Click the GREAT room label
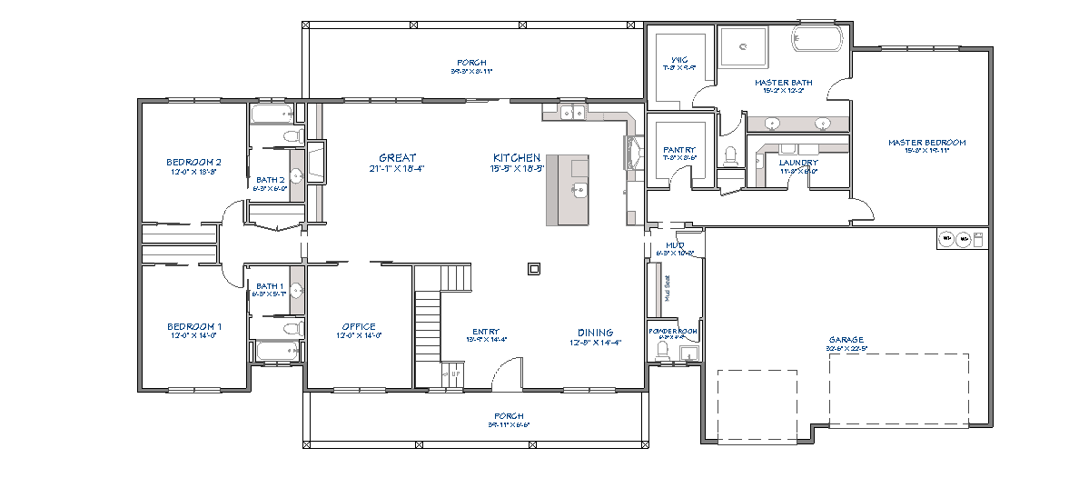pyautogui.click(x=398, y=158)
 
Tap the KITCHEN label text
pyautogui.click(x=517, y=158)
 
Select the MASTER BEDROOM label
pyautogui.click(x=926, y=143)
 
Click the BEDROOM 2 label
pyautogui.click(x=193, y=163)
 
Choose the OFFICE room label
pyautogui.click(x=359, y=327)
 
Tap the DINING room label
pyautogui.click(x=595, y=333)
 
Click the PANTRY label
pyautogui.click(x=678, y=150)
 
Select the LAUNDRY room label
pyautogui.click(x=798, y=164)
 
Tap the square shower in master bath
pyautogui.click(x=743, y=45)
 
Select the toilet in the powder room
pyautogui.click(x=662, y=351)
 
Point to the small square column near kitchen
pyautogui.click(x=534, y=268)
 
